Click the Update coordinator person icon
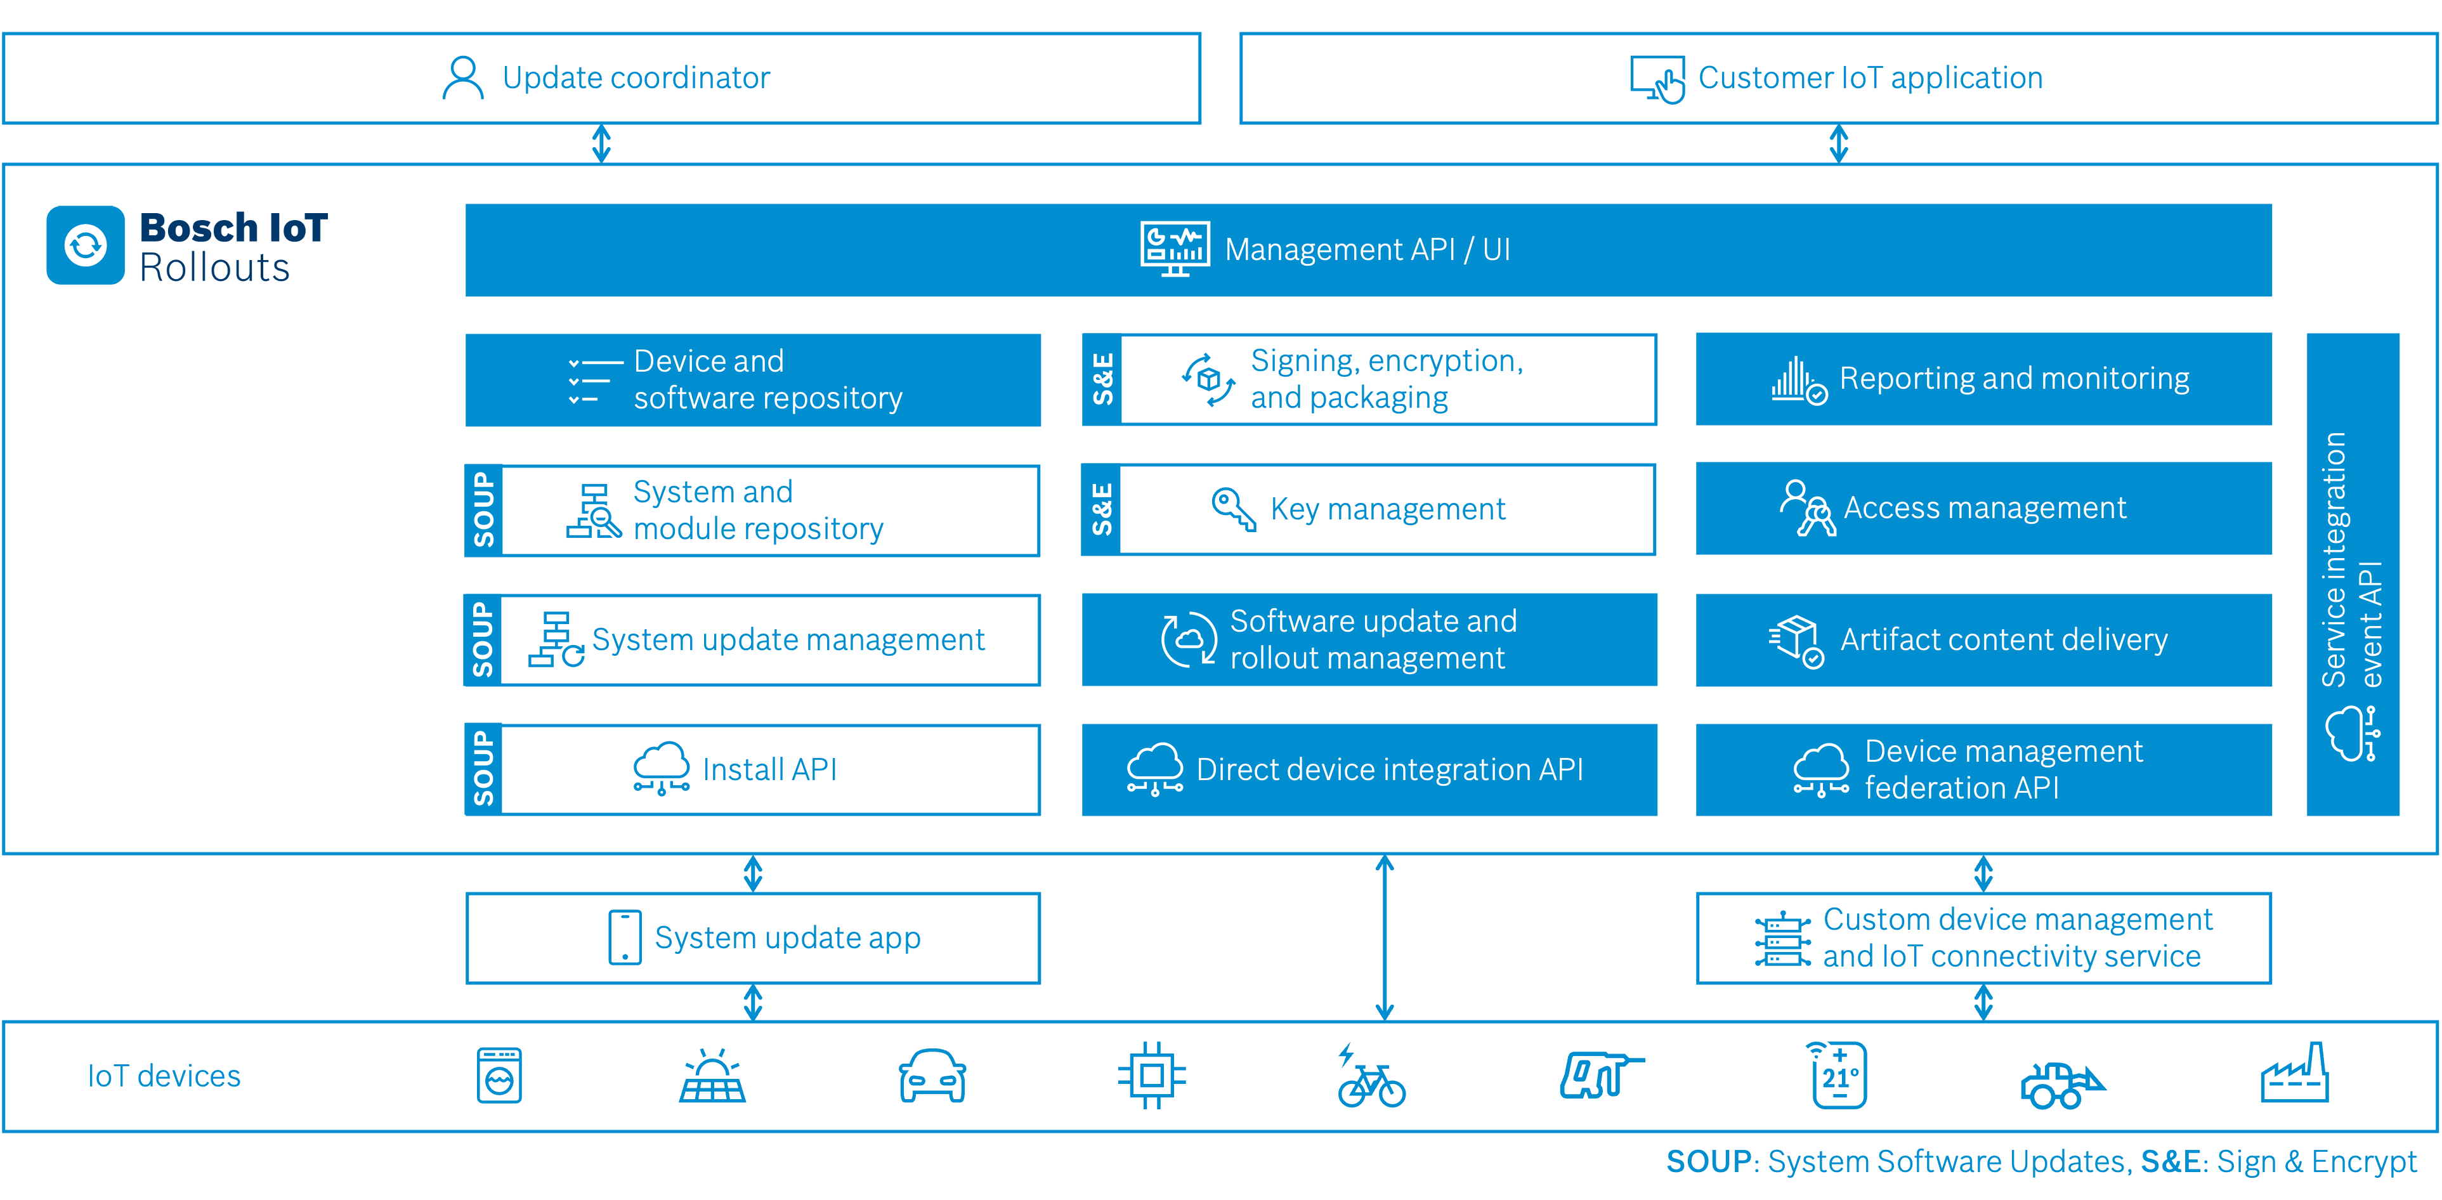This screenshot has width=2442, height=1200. tap(462, 78)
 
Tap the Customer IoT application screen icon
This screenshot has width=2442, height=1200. tap(1656, 79)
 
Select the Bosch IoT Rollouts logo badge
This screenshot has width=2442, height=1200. tap(86, 245)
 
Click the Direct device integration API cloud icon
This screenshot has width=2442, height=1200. tap(1154, 769)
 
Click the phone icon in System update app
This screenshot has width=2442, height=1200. tap(625, 937)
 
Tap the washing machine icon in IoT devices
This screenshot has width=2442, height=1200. tap(500, 1076)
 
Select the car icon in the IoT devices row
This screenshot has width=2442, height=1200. tap(932, 1076)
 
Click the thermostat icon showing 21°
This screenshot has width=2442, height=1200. tap(1838, 1076)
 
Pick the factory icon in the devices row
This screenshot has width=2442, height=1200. tap(2294, 1075)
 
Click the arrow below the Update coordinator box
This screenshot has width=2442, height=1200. tap(601, 144)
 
